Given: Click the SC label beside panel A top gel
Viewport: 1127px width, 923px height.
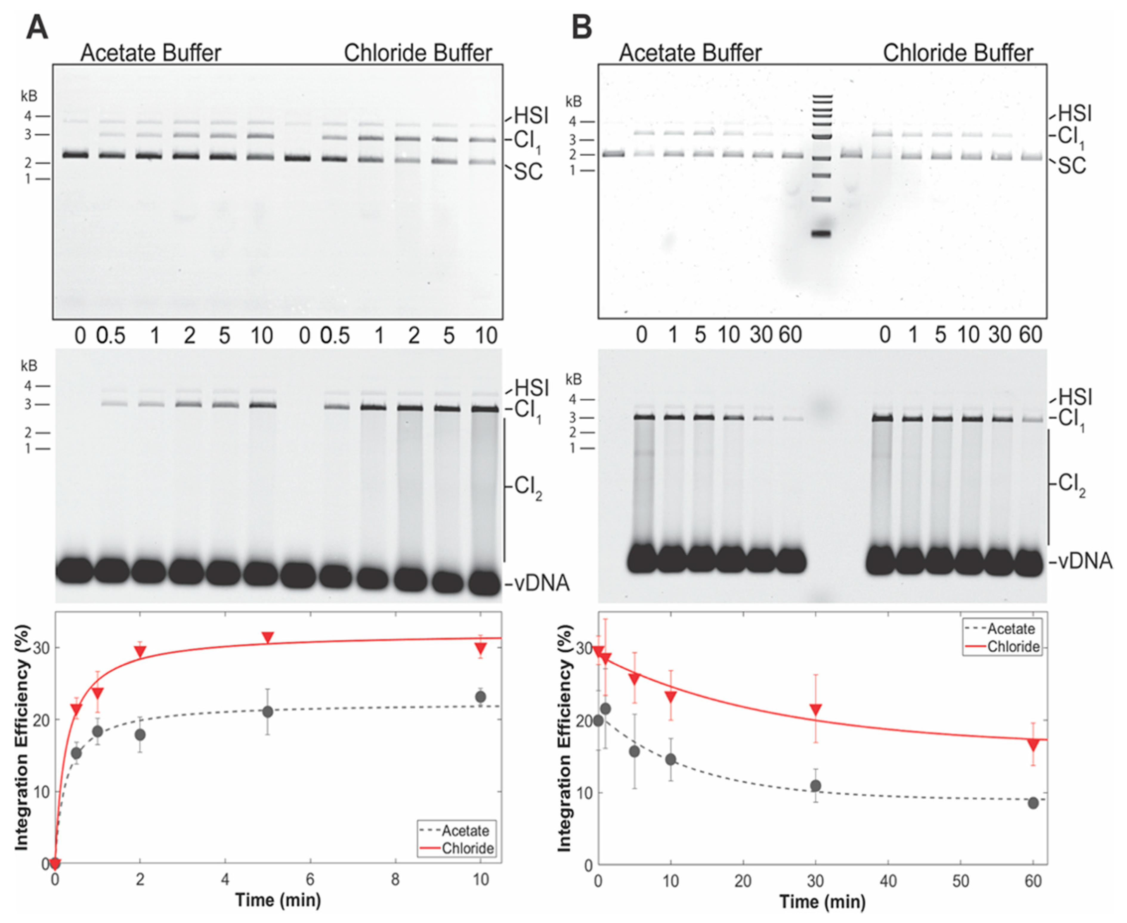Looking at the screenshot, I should pyautogui.click(x=528, y=172).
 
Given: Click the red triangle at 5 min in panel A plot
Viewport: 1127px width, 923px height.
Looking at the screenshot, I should pyautogui.click(x=268, y=638).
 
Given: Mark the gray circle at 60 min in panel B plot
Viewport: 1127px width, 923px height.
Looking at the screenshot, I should pyautogui.click(x=1033, y=803).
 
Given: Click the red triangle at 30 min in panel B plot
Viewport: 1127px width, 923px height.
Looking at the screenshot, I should pyautogui.click(x=815, y=709).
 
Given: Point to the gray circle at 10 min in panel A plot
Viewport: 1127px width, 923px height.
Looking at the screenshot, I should pyautogui.click(x=480, y=697).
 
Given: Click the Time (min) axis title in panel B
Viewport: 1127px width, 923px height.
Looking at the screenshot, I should pyautogui.click(x=823, y=902).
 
